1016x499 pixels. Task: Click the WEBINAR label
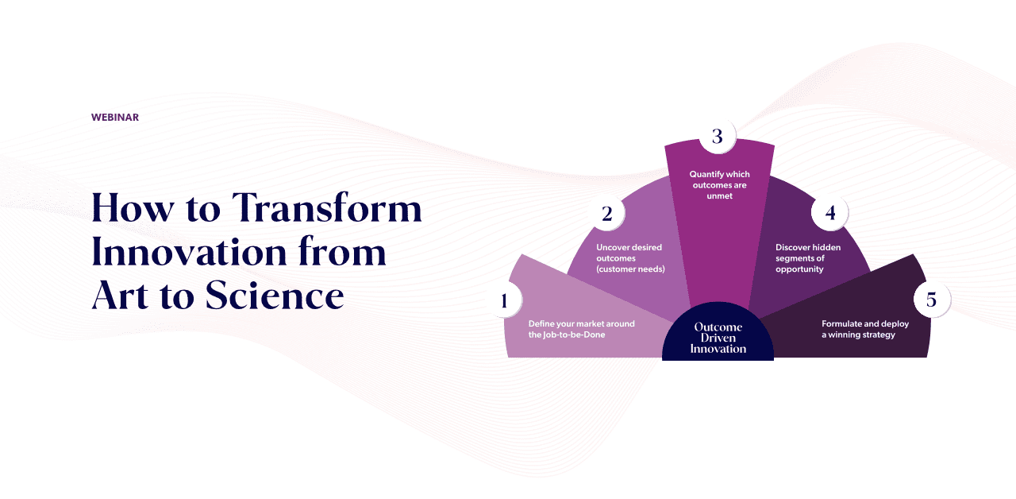coord(115,117)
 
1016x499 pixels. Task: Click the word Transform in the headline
coord(327,207)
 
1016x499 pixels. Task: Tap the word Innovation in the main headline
coord(189,252)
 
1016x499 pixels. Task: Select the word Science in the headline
coord(275,295)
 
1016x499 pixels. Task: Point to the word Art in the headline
coord(120,295)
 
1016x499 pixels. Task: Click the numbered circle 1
coord(503,300)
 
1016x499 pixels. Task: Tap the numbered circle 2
coord(607,214)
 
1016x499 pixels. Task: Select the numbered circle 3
coord(717,136)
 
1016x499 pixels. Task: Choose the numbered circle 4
coord(830,212)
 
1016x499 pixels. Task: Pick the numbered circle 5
coord(932,300)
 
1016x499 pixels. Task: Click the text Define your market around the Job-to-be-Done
coord(582,329)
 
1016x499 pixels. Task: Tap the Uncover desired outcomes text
coord(630,258)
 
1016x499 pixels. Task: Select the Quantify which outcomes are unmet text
coord(719,185)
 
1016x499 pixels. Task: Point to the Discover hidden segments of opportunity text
coord(808,258)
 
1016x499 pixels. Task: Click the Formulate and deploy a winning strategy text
coord(865,329)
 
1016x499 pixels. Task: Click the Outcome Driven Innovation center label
coord(718,338)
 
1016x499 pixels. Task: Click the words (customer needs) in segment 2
coord(630,269)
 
